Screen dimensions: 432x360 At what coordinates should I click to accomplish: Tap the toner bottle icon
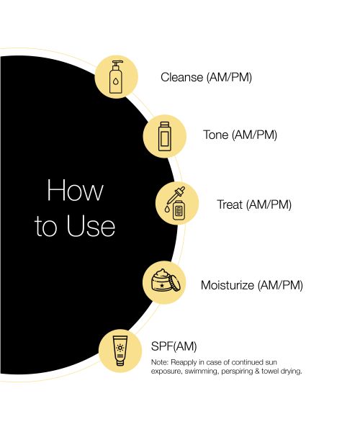[166, 135]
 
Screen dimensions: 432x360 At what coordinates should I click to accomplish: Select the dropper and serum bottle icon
[176, 204]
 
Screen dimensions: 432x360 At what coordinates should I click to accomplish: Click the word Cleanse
[182, 77]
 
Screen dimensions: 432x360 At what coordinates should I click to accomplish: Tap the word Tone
[216, 135]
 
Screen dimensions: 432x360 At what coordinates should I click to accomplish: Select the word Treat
[230, 204]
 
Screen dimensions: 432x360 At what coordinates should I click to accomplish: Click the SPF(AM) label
[174, 346]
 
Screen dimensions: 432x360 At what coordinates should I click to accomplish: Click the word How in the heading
[75, 192]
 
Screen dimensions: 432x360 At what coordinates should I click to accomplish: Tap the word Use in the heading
[89, 226]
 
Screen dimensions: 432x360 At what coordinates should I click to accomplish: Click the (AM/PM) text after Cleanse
[229, 77]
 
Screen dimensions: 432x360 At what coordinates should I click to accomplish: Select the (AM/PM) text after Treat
[269, 204]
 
